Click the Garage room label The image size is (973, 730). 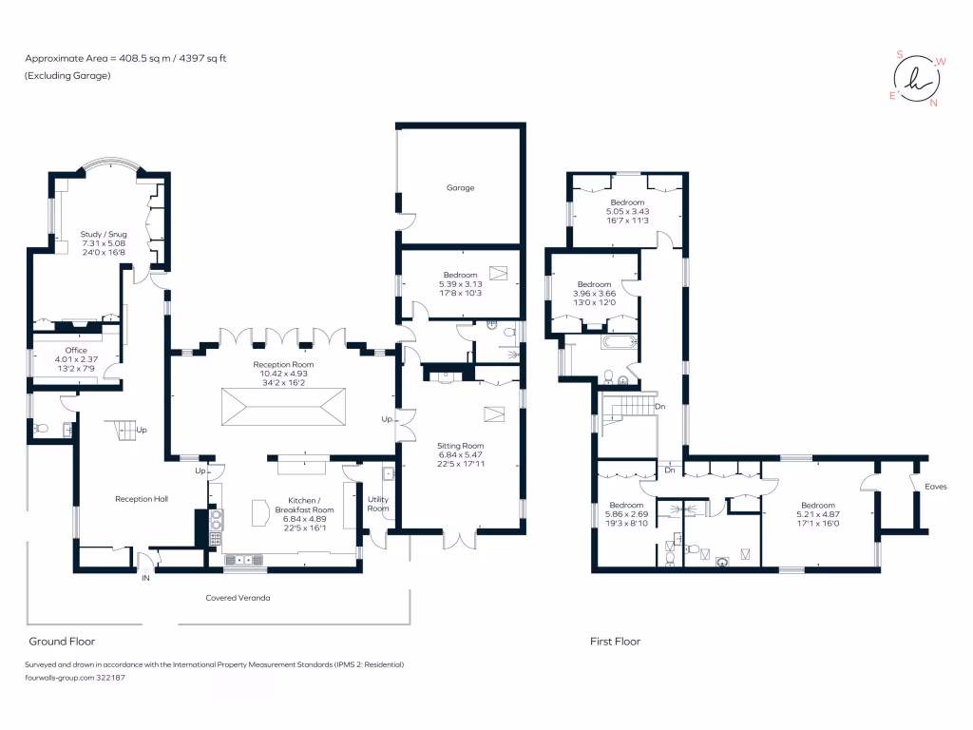[x=461, y=188]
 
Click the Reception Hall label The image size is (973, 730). [x=142, y=498]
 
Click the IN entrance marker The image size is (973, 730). [x=145, y=578]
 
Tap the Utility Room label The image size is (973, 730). [x=378, y=503]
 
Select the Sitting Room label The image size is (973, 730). [x=460, y=445]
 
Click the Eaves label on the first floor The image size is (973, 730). [x=936, y=487]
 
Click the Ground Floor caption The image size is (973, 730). [x=62, y=642]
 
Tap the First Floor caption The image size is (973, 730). [x=615, y=642]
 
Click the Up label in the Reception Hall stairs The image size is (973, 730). [x=143, y=430]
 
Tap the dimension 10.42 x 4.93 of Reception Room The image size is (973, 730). [x=283, y=374]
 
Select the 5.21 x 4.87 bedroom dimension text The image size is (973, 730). [x=817, y=514]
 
